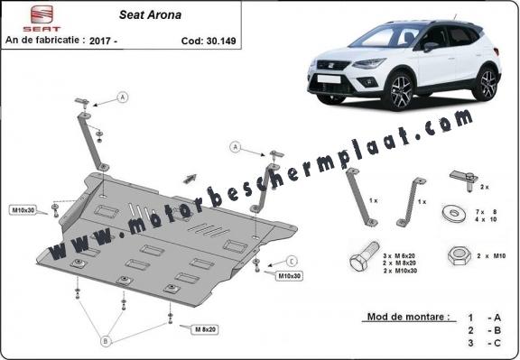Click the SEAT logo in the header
click(x=42, y=18)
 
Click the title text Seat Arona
click(x=150, y=15)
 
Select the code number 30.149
click(x=221, y=41)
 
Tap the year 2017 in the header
click(x=101, y=41)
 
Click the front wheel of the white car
click(x=400, y=90)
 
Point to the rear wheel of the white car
click(x=486, y=83)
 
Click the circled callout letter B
click(x=106, y=341)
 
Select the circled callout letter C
click(x=292, y=262)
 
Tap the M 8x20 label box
click(x=205, y=329)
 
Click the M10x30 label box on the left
click(x=23, y=210)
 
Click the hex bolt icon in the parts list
click(x=365, y=257)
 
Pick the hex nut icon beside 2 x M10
click(x=460, y=256)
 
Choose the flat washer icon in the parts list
click(x=454, y=214)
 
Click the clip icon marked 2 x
click(x=464, y=180)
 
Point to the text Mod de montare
click(x=409, y=317)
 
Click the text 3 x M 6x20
click(x=399, y=256)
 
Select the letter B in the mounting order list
click(x=497, y=330)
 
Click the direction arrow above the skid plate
click(x=190, y=179)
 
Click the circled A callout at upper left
click(x=123, y=97)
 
